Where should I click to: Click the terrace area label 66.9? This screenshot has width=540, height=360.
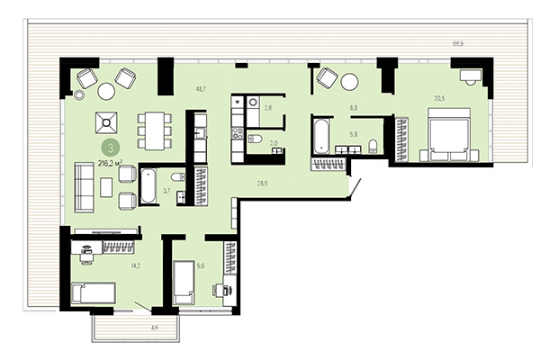point(458,43)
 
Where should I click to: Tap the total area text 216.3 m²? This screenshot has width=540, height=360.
point(111,162)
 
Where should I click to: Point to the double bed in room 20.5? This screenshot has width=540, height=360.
point(449,138)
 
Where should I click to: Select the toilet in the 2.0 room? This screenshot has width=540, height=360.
point(256,140)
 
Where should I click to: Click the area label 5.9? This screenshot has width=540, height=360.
point(201,265)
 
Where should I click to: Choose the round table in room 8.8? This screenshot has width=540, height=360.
point(348,83)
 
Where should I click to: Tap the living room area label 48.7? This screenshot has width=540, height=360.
point(201,87)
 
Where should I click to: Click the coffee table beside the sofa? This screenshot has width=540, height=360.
point(106,186)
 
